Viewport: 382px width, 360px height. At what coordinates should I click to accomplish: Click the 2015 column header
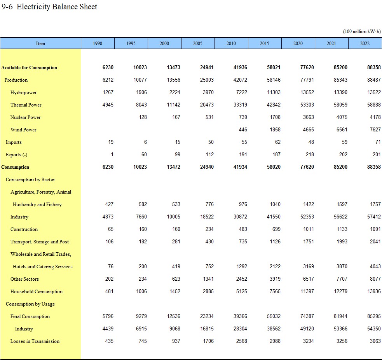tap(264, 43)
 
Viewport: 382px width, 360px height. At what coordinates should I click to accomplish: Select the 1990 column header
tap(98, 43)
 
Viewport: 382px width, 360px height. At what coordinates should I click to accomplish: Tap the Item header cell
tap(40, 43)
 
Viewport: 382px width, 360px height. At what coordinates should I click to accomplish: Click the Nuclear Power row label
tap(25, 117)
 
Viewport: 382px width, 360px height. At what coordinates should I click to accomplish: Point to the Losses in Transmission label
tap(35, 341)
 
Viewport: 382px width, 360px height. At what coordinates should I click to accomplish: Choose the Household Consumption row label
tap(36, 292)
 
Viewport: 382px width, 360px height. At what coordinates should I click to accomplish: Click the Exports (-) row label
tap(16, 155)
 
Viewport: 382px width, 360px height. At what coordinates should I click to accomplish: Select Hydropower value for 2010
tap(241, 93)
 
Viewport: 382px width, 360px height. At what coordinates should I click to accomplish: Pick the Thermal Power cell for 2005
tap(206, 105)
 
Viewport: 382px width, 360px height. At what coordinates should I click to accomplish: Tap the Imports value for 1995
tap(144, 142)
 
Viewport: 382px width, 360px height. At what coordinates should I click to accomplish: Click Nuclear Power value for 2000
tap(176, 117)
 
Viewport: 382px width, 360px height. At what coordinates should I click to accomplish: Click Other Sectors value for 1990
tap(109, 279)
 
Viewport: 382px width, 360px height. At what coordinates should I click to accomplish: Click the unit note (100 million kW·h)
tap(362, 31)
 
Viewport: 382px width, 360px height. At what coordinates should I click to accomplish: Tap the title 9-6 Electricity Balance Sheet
tap(49, 7)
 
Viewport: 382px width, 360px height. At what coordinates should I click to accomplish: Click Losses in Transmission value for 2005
tap(208, 341)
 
